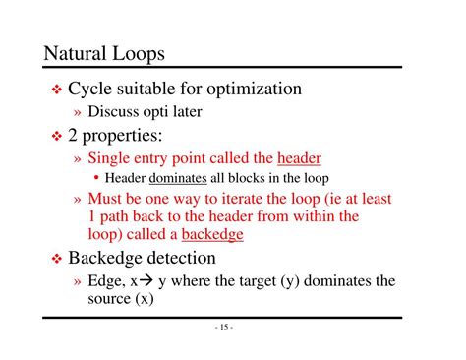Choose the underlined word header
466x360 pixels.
(x=299, y=157)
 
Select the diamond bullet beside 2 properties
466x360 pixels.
(x=56, y=135)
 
